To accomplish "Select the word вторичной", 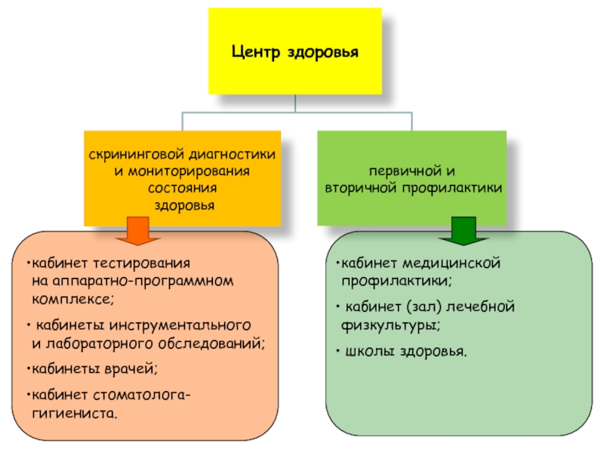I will (x=359, y=186).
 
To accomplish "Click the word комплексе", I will (x=73, y=298).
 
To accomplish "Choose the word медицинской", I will (x=455, y=265).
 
